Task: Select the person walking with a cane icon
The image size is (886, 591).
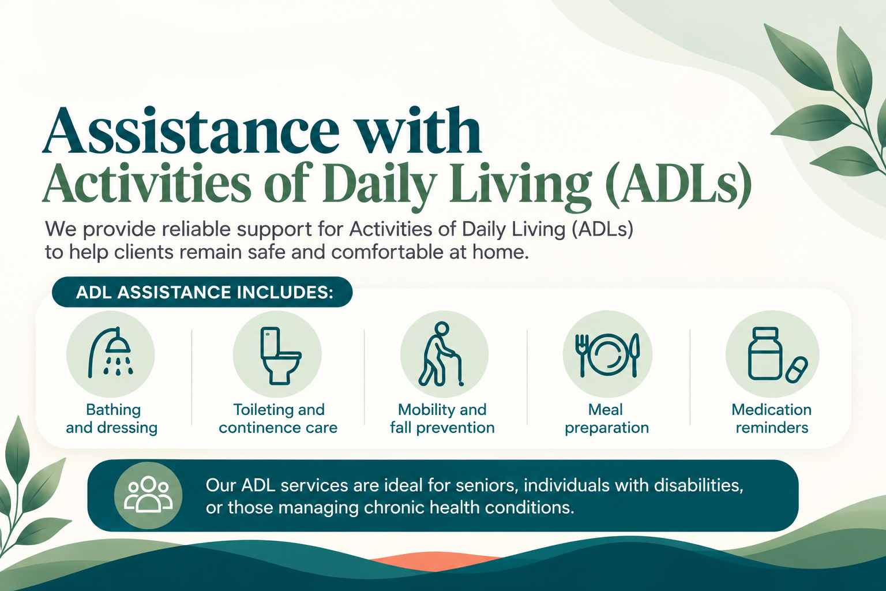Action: point(441,354)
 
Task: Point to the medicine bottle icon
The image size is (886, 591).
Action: point(764,353)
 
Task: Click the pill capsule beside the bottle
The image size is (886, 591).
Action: point(797,370)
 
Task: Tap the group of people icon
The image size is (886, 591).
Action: point(148,495)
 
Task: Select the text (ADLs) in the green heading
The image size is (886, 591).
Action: point(679,185)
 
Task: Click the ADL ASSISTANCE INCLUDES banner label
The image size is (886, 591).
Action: point(205,292)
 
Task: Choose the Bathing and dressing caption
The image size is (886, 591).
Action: point(112,418)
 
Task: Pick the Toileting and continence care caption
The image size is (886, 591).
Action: point(279,418)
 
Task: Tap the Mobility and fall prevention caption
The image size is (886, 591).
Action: point(442,418)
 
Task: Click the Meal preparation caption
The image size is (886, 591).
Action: point(606,419)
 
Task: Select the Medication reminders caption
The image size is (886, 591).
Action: point(772,418)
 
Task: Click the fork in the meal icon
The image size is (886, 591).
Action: point(581,355)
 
